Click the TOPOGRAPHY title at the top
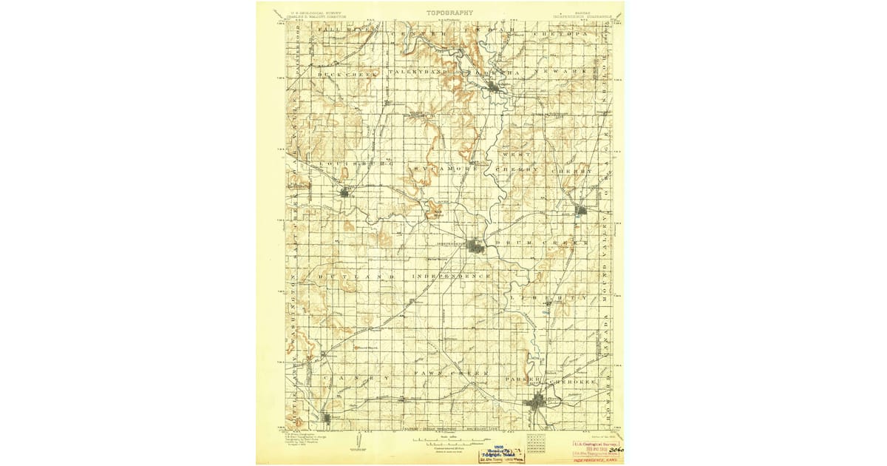pyautogui.click(x=449, y=12)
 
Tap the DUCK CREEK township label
pyautogui.click(x=347, y=75)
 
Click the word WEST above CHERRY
pyautogui.click(x=517, y=154)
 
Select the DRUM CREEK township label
pyautogui.click(x=542, y=243)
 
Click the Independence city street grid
pyautogui.click(x=476, y=246)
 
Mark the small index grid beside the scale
pyautogui.click(x=536, y=443)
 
